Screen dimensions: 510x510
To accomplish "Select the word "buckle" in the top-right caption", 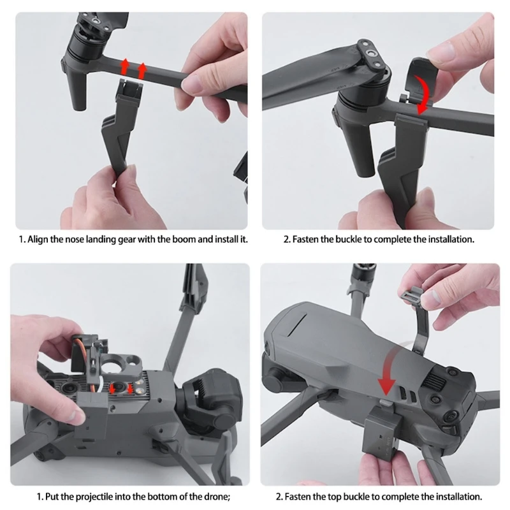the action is point(349,240).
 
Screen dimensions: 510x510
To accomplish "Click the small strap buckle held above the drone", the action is point(412,295).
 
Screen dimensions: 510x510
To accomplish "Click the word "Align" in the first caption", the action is point(38,240).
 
